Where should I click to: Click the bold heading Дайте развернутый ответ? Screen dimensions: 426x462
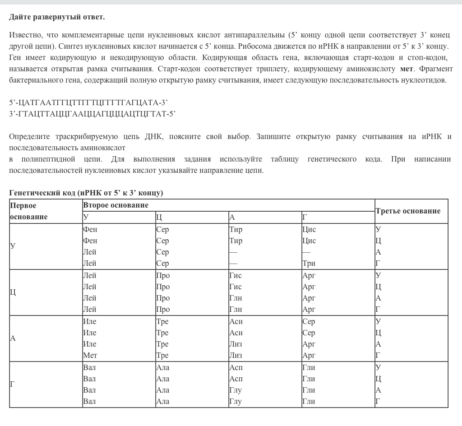57,17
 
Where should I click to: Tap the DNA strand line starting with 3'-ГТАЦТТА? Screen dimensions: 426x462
92,114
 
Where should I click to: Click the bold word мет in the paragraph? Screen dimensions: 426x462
407,69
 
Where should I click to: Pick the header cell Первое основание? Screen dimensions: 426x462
29,211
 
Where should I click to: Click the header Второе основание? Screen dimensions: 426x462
115,205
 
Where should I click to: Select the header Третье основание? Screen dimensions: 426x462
408,211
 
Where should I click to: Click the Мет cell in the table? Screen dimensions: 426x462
90,356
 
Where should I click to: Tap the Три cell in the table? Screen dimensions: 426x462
309,263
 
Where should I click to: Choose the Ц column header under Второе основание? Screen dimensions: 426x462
159,217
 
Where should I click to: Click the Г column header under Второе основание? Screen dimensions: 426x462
305,217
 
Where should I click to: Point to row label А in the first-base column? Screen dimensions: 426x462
13,338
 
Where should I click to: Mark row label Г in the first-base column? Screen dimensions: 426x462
13,384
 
